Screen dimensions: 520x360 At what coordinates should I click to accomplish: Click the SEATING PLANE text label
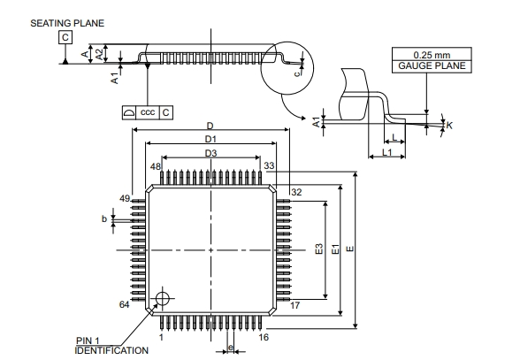coord(67,23)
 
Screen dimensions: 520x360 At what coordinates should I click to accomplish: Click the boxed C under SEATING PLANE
coord(65,37)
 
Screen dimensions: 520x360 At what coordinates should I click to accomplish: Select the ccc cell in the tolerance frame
coord(148,112)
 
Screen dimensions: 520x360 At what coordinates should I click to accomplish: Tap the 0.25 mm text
coord(432,55)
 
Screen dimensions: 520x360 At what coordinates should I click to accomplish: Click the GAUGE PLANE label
coord(432,65)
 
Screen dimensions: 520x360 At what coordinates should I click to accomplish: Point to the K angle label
coord(449,126)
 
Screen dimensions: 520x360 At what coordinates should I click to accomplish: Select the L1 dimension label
coord(387,152)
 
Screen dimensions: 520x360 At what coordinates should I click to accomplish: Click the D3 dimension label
coord(210,153)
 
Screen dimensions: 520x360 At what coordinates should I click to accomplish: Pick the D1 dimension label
coord(210,139)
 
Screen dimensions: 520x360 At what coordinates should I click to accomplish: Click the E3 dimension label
coord(318,249)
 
